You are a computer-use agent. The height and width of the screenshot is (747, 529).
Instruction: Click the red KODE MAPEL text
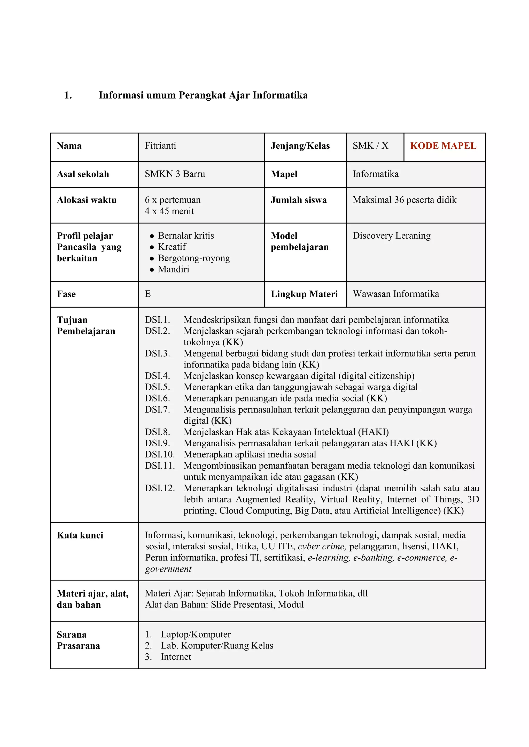[443, 146]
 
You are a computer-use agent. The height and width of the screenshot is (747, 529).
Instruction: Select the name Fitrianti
[160, 146]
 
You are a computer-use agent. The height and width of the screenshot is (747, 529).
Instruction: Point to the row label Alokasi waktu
[87, 200]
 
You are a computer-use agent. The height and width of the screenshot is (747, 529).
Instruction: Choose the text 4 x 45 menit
[169, 211]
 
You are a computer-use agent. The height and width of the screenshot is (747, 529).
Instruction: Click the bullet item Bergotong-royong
[194, 258]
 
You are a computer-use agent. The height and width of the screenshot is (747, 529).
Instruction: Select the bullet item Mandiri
[173, 269]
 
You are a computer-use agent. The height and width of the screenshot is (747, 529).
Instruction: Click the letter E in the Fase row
[147, 294]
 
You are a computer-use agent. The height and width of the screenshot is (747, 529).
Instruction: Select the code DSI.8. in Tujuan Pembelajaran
[157, 432]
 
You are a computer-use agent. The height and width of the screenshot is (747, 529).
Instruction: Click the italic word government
[168, 569]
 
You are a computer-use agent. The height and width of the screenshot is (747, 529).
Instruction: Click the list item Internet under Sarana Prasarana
[176, 657]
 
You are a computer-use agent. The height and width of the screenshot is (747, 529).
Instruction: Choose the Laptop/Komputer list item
[196, 634]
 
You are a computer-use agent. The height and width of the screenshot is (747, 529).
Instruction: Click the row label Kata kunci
[80, 535]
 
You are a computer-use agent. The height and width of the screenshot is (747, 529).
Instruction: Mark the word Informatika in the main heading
[280, 95]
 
